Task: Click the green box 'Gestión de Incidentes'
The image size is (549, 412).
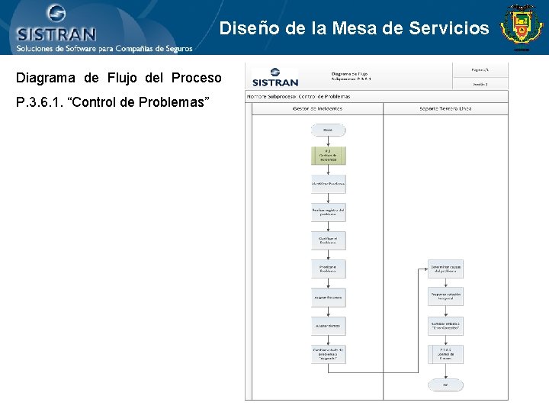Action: (328, 156)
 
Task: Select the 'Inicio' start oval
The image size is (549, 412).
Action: (328, 130)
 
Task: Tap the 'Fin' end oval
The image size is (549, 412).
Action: (445, 385)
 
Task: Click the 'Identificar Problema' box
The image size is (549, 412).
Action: (328, 184)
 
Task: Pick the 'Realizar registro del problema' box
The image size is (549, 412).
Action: (328, 212)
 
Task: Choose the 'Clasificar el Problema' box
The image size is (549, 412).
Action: (328, 240)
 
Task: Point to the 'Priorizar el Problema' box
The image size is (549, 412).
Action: (328, 269)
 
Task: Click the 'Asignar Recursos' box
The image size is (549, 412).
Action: (328, 297)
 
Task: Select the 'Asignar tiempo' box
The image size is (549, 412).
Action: (328, 326)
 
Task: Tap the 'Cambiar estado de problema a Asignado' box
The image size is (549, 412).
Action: (328, 354)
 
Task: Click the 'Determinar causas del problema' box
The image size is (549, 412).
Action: (445, 269)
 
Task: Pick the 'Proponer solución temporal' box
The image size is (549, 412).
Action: (445, 297)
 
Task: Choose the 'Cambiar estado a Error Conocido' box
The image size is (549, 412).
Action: (445, 326)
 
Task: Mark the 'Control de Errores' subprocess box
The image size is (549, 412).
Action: (445, 354)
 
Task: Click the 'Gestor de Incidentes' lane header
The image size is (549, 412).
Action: (317, 108)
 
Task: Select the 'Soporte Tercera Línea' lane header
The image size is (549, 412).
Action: (445, 108)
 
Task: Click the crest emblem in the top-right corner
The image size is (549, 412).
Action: (522, 27)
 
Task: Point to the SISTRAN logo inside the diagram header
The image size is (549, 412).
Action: (274, 79)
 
